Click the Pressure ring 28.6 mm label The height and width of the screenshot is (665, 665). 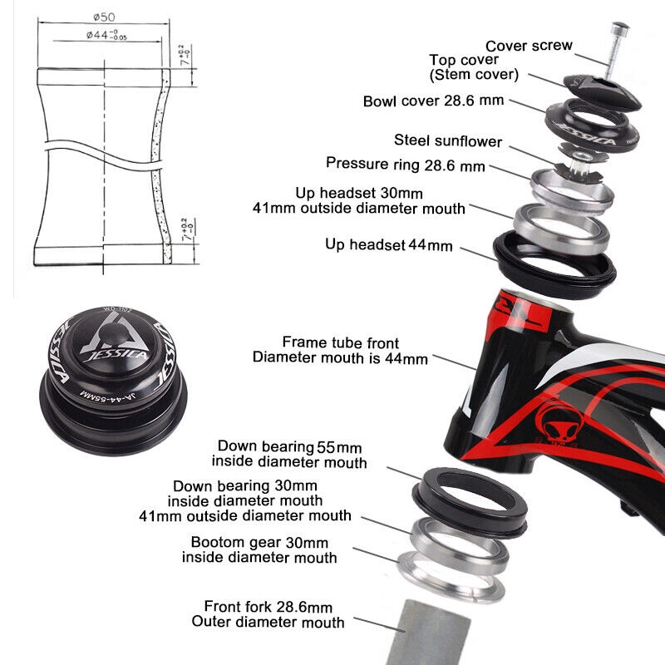click(405, 165)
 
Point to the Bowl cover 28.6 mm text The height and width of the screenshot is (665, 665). click(434, 101)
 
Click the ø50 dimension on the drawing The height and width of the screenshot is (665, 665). click(103, 17)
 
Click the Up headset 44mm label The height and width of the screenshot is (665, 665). click(388, 244)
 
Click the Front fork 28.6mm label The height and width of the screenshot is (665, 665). click(268, 614)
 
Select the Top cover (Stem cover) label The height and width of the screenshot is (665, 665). click(474, 67)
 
